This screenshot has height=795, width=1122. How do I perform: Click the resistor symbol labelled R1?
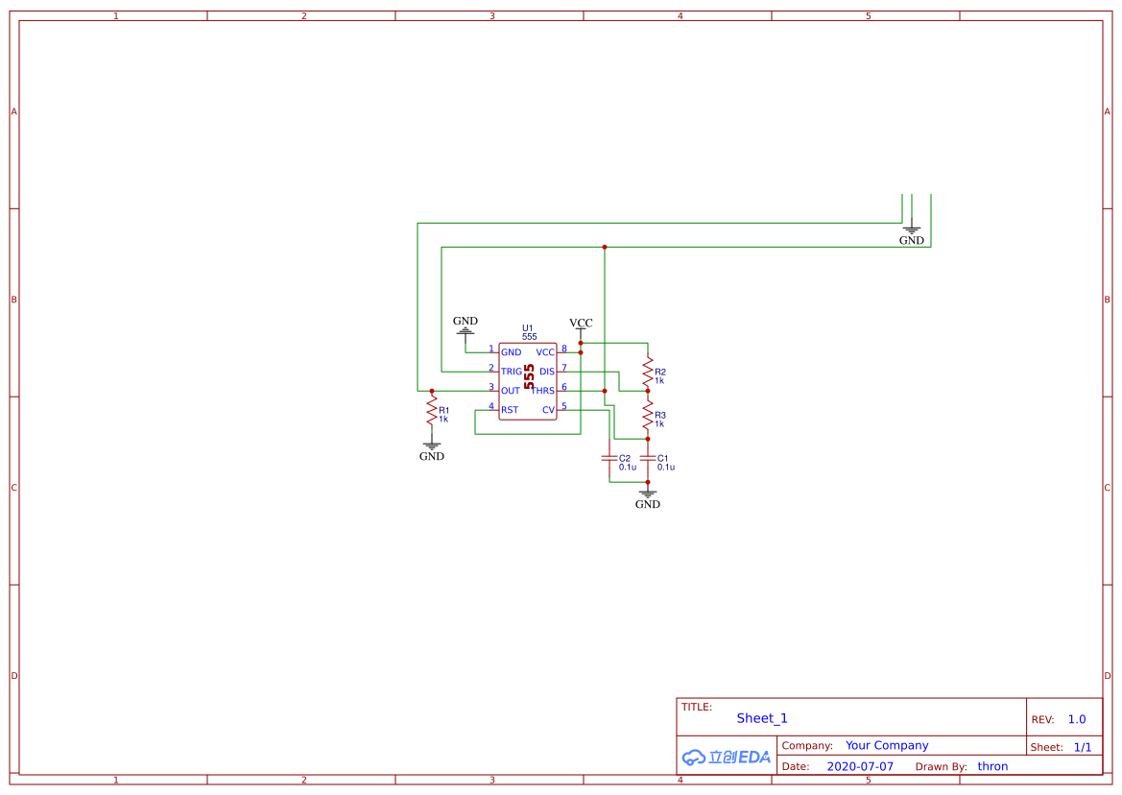(432, 413)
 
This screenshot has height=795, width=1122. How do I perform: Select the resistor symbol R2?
(648, 372)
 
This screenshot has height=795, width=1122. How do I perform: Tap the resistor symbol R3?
(648, 415)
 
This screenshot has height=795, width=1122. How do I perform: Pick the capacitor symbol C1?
(648, 458)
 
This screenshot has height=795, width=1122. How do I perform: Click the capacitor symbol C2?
(609, 458)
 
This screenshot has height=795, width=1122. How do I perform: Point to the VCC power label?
(581, 324)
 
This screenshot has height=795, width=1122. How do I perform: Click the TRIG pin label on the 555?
(511, 372)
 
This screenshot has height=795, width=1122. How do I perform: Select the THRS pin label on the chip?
(542, 391)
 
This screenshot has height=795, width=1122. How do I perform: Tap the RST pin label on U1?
(510, 410)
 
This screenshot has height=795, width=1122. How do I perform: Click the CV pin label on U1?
(548, 410)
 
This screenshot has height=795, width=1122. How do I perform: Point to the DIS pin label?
(547, 372)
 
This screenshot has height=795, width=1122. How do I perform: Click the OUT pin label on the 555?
(511, 391)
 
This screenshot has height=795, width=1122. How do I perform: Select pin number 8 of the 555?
(563, 349)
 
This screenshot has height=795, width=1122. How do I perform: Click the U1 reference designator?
(527, 327)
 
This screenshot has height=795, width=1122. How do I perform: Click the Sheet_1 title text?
(762, 718)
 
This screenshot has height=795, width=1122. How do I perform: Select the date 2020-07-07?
(860, 766)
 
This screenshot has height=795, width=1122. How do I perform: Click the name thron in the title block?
(992, 766)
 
